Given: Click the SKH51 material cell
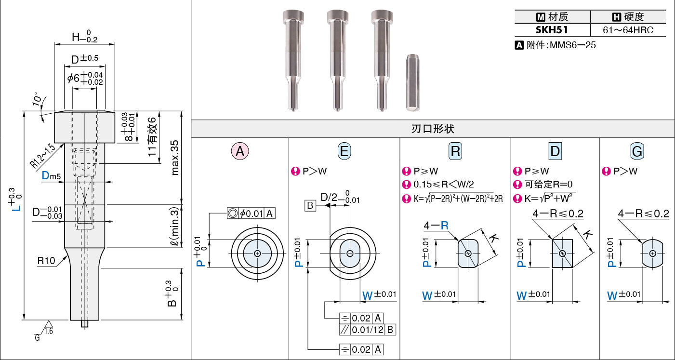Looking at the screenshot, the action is point(552,30).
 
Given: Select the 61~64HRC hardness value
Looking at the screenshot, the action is point(628,30).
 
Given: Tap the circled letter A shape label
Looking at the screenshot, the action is point(240,151).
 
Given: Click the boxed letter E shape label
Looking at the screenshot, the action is point(344,151).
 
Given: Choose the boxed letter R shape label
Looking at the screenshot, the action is point(455,151).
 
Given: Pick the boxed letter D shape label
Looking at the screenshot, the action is point(555,151).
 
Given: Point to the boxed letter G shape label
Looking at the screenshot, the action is point(637,151).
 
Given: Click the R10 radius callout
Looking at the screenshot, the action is point(46,261).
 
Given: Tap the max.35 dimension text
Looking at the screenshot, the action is point(174,158).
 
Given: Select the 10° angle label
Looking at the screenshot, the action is point(37,99).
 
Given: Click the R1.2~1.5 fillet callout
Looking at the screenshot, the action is point(42,156).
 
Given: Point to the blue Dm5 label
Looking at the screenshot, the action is point(51,175).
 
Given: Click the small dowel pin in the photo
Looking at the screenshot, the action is point(412,82).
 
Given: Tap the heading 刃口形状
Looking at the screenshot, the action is point(433,129).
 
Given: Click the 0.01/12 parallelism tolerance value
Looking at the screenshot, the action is point(367,330).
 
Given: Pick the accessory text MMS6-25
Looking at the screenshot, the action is point(572,45).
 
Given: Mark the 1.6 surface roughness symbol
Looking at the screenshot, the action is point(48,328).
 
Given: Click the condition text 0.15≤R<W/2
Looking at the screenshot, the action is point(444,184).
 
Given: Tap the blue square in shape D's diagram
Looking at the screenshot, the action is point(562,253).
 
